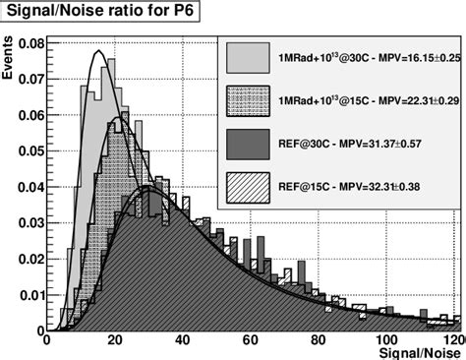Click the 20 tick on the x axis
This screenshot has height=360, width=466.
[116, 337]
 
